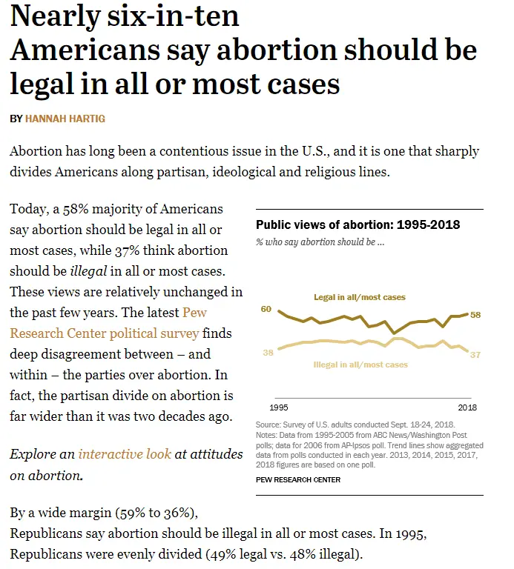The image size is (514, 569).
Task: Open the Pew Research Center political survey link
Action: pyautogui.click(x=104, y=323)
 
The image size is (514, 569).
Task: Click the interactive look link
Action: pyautogui.click(x=125, y=453)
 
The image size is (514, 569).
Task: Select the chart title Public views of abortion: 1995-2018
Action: pyautogui.click(x=358, y=225)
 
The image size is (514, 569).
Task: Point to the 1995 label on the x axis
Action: pyautogui.click(x=279, y=407)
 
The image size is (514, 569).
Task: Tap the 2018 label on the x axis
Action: pyautogui.click(x=467, y=407)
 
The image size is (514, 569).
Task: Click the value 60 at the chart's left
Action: pyautogui.click(x=266, y=309)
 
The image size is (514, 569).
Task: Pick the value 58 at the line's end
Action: pyautogui.click(x=475, y=315)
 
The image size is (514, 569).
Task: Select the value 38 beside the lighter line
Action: pyautogui.click(x=268, y=353)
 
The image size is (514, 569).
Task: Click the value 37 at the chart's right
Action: pyautogui.click(x=475, y=355)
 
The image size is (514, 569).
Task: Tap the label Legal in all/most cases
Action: pyautogui.click(x=360, y=297)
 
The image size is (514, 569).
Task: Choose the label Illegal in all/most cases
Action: pyautogui.click(x=361, y=365)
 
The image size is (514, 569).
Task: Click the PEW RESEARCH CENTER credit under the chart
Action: pyautogui.click(x=298, y=479)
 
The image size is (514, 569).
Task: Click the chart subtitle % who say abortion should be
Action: pyautogui.click(x=320, y=242)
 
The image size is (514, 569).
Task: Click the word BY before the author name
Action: pyautogui.click(x=16, y=119)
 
